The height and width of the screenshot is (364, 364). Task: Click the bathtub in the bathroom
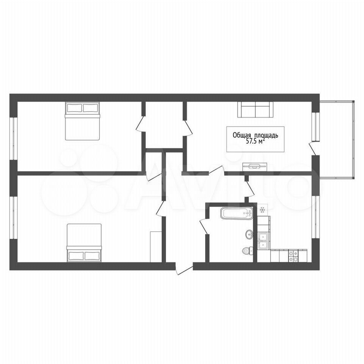coord(236,213)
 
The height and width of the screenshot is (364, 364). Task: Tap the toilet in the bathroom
coord(248,250)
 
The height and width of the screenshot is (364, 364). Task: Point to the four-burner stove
coord(293,256)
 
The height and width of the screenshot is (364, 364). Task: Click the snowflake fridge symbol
coord(262,210)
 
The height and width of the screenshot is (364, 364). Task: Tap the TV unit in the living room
coord(255,167)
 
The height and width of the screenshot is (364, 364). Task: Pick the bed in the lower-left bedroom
coord(84,243)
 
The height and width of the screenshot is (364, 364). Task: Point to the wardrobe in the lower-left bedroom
coord(156,247)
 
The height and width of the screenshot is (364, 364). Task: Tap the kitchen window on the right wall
coord(315,217)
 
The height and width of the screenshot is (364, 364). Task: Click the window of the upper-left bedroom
coord(14,139)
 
